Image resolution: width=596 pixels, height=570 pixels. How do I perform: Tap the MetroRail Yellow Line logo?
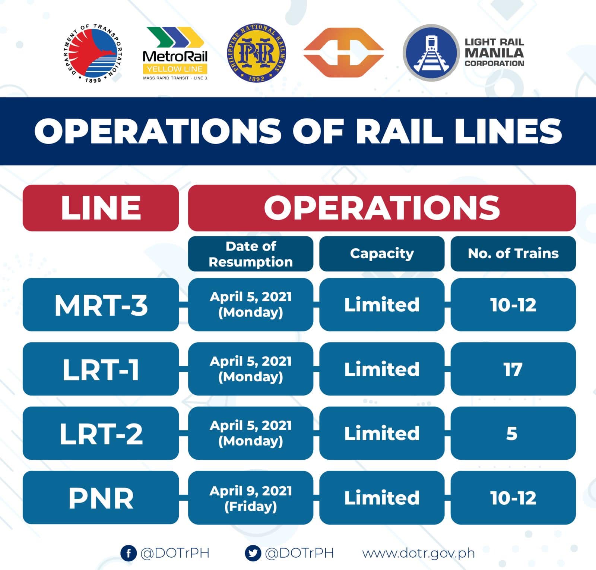pos(175,53)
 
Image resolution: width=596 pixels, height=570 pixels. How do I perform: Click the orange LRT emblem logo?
pos(343,53)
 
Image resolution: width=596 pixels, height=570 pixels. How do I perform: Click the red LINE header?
pos(101,208)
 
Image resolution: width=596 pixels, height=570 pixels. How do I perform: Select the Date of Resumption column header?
pos(250,254)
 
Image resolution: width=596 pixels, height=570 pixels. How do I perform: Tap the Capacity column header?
pos(382,254)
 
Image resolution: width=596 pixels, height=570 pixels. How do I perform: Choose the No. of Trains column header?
pos(513,254)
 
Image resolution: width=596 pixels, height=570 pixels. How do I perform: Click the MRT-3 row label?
pos(101,305)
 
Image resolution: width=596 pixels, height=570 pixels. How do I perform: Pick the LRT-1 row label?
pos(101,369)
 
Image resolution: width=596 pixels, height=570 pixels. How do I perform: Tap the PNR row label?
pos(101,498)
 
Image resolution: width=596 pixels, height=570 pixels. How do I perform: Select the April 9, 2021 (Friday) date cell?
pos(250,498)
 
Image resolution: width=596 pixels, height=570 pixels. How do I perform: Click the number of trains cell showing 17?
pos(513,369)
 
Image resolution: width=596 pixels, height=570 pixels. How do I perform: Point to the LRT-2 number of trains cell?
pos(513,433)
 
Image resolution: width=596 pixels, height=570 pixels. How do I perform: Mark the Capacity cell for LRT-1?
pos(382,369)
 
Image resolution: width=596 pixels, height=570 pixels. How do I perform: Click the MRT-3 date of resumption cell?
pos(250,305)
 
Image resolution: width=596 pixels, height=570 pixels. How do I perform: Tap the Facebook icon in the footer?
pos(129,553)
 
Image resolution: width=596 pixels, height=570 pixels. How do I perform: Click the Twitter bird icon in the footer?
pos(253,553)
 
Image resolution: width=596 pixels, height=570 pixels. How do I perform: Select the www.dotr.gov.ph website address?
pos(418,553)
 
